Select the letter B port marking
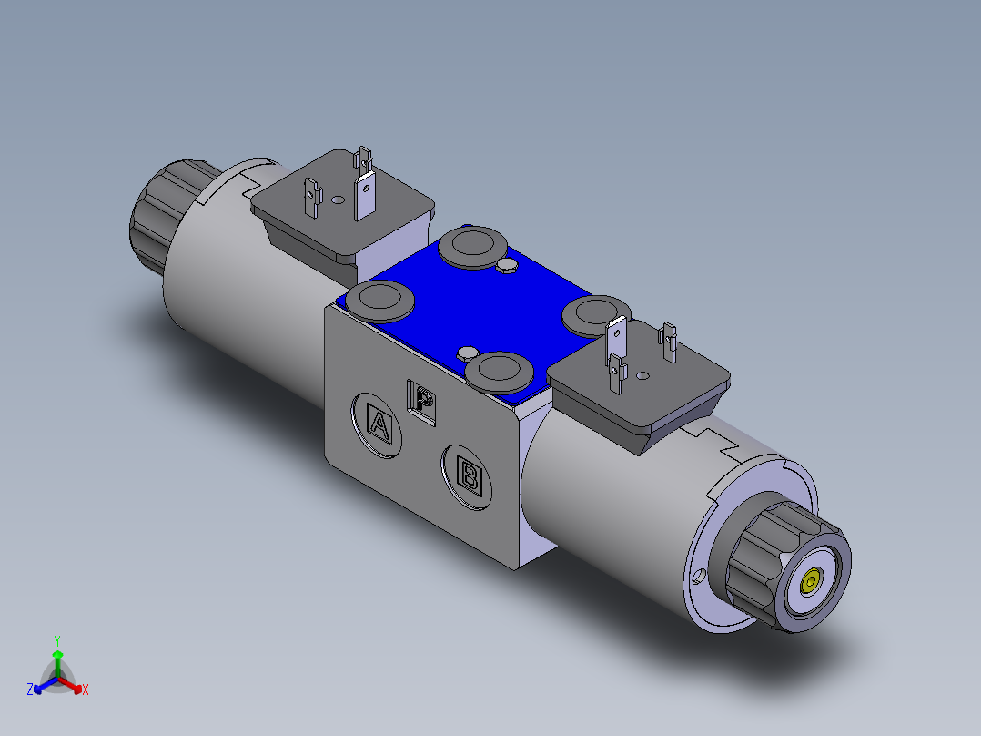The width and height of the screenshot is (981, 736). click(470, 474)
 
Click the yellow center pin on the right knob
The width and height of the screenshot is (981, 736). click(811, 580)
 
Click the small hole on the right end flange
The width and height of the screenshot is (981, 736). click(698, 577)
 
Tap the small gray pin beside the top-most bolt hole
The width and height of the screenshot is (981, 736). click(508, 265)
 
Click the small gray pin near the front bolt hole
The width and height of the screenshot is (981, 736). click(468, 353)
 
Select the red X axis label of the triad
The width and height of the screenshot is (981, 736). click(85, 690)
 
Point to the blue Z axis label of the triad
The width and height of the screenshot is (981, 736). click(30, 690)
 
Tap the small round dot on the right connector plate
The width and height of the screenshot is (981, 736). click(643, 374)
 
